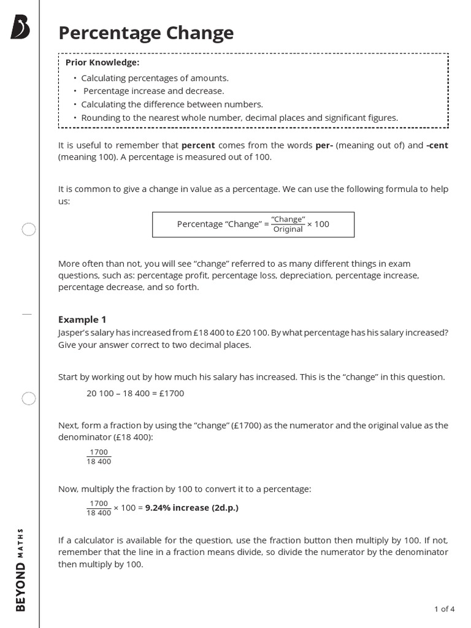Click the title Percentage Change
click(x=146, y=33)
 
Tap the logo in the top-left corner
click(x=20, y=28)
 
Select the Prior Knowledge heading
click(x=102, y=63)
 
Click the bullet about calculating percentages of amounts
click(x=155, y=78)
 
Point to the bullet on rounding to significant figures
click(x=239, y=118)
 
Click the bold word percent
click(x=198, y=145)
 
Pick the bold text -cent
click(x=437, y=145)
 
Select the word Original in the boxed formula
click(x=288, y=229)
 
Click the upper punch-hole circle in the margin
click(x=29, y=230)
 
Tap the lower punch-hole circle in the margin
click(x=29, y=399)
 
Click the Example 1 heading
click(x=82, y=320)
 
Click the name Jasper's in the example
click(x=74, y=332)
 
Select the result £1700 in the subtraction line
click(x=171, y=393)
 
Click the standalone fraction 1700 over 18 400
click(x=99, y=457)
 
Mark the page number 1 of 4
click(x=444, y=609)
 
